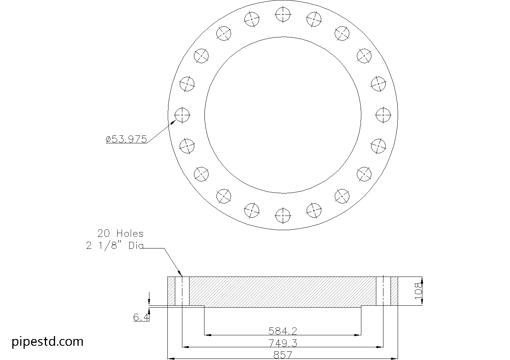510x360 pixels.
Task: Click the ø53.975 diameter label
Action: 126,139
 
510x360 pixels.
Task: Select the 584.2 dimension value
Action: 283,331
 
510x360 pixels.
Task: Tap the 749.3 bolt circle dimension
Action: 283,343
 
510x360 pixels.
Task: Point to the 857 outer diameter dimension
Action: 283,355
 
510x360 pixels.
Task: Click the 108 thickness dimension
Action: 419,291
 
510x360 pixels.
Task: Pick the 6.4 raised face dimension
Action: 141,317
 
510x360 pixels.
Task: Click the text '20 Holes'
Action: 120,234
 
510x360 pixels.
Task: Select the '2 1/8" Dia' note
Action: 115,246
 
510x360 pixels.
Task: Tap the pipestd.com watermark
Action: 48,341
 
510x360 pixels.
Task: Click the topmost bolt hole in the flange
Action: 283,15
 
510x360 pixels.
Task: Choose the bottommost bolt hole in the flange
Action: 283,215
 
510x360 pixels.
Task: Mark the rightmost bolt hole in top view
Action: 383,115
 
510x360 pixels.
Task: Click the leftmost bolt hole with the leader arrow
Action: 182,115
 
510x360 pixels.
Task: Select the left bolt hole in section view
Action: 182,291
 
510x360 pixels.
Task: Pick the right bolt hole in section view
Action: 383,291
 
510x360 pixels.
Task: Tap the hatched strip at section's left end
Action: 171,291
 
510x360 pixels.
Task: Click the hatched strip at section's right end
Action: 394,291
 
